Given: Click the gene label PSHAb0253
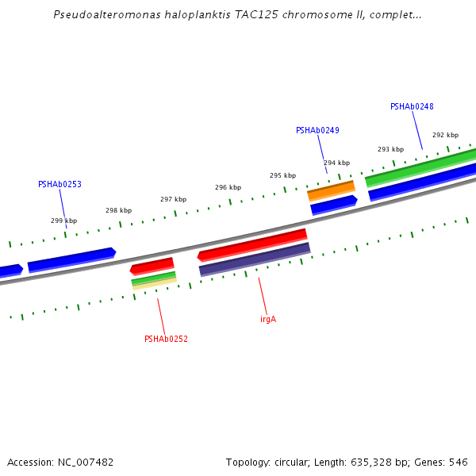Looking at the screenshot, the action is pos(59,184).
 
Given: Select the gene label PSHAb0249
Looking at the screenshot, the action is pos(317,130).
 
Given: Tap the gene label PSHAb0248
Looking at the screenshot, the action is pos(412,106).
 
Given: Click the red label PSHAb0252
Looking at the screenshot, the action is pos(166,339).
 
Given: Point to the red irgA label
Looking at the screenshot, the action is pos(268,319).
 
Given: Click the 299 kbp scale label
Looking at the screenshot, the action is pos(64,221).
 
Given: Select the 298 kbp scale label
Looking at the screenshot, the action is pos(118,210).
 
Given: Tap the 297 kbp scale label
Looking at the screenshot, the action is pos(173,199).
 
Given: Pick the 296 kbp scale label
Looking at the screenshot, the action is pos(228,187).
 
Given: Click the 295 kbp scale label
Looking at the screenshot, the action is pos(282,175).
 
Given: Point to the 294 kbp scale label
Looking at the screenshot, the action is pos(336,163).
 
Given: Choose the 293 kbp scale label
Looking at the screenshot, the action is pos(390,149).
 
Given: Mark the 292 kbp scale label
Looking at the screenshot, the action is pos(445,135).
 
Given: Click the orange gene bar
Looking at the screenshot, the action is pos(331,190).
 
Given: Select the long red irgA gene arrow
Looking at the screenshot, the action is pos(252,244).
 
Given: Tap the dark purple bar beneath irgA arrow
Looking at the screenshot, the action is pos(254,259).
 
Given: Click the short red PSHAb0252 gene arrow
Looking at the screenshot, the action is pos(152,266).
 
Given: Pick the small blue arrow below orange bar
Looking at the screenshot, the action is pos(333,205).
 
